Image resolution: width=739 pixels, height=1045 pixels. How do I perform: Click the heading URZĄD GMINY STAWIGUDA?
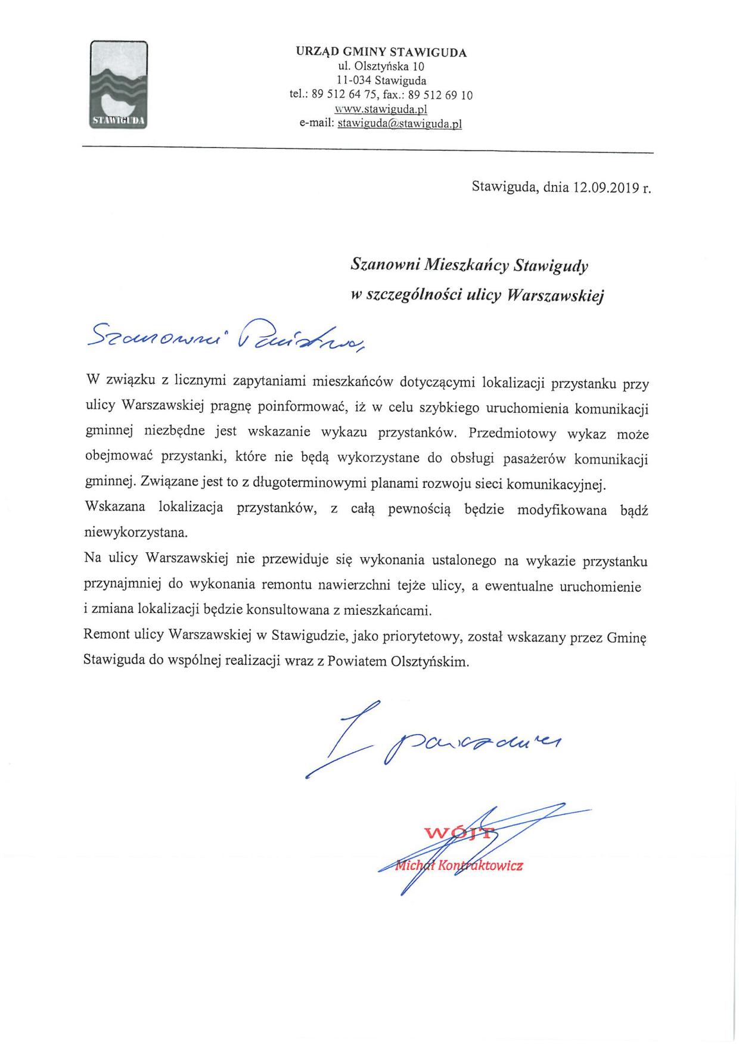pyautogui.click(x=381, y=52)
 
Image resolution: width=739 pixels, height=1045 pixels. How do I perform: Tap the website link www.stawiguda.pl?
pyautogui.click(x=381, y=110)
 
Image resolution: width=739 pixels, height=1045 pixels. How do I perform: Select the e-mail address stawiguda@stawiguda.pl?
pyautogui.click(x=400, y=124)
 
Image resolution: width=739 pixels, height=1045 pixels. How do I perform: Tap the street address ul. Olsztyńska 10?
pyautogui.click(x=381, y=66)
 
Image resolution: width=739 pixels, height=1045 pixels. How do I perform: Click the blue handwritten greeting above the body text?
pyautogui.click(x=226, y=338)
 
